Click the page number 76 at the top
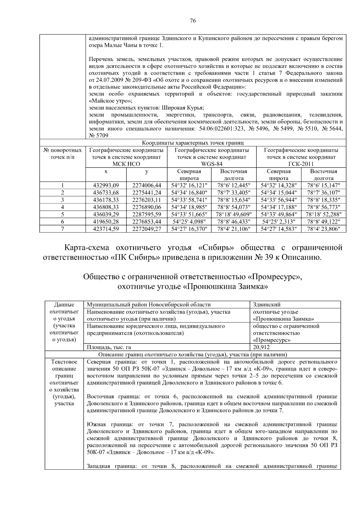[193, 21]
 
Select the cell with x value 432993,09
[106, 185]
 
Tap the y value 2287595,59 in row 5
[147, 214]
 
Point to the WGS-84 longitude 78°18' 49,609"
[234, 214]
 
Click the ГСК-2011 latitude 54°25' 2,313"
[279, 222]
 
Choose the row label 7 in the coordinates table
[62, 229]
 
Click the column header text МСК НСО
[126, 164]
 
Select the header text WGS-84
[211, 164]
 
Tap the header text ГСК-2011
[301, 164]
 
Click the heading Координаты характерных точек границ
[193, 143]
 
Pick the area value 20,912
[261, 347]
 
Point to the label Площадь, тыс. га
[109, 347]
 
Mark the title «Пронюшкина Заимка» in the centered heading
[225, 287]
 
